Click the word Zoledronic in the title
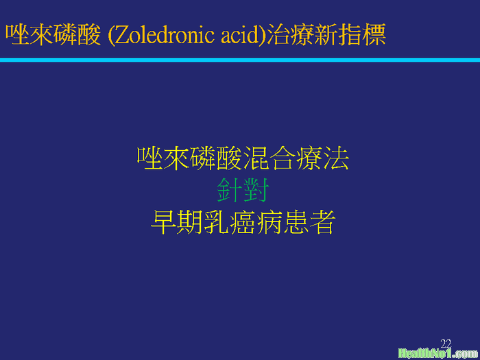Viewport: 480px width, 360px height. click(165, 35)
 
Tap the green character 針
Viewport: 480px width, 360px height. click(230, 190)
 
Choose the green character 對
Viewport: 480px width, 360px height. click(256, 190)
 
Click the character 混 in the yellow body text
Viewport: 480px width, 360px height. click(256, 158)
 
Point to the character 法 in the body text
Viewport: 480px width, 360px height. click(336, 158)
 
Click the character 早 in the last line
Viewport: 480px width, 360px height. click(163, 222)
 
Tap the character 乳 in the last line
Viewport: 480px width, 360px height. click(216, 222)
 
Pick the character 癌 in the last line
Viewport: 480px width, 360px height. click(243, 222)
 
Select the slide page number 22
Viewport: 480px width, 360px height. click(446, 344)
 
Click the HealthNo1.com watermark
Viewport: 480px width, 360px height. click(439, 354)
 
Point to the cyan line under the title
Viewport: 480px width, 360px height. click(240, 60)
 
